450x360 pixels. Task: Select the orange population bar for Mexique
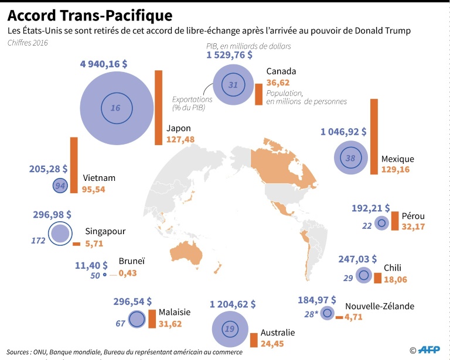coord(373,136)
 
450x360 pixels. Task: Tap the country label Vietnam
coord(99,178)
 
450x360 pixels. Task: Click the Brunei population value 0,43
coord(128,273)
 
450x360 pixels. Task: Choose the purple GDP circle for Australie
coord(229,330)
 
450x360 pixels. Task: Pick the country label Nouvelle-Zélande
coord(380,306)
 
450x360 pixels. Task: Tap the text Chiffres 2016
coord(28,43)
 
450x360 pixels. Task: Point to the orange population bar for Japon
coord(158,108)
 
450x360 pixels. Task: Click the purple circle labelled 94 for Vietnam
coord(59,186)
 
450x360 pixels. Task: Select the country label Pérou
coord(413,216)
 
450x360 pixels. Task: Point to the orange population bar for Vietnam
coord(73,165)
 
